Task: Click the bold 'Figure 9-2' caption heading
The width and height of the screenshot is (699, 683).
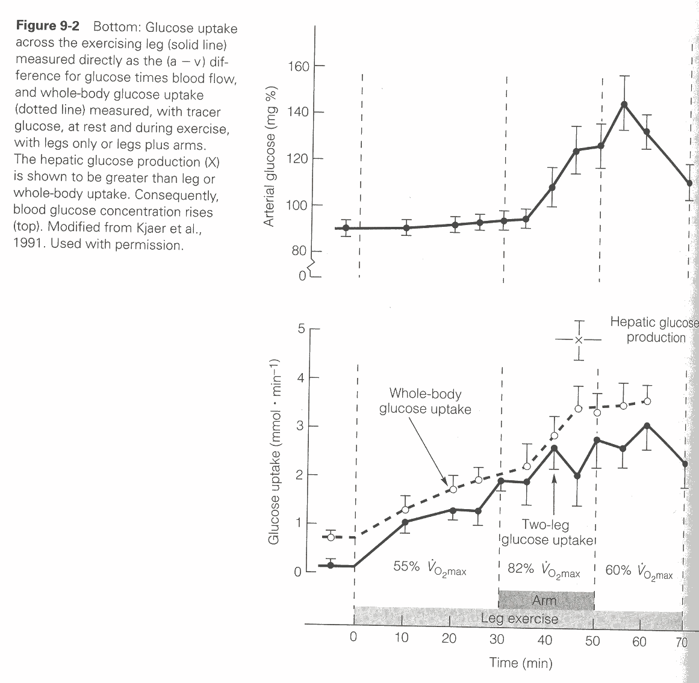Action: [x=50, y=27]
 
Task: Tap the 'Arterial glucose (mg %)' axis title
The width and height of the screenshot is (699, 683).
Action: [x=270, y=156]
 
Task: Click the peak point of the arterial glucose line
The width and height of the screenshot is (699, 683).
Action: [x=624, y=104]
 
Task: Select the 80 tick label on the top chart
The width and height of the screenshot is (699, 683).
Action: [x=299, y=251]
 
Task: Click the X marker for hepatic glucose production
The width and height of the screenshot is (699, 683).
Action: [x=579, y=340]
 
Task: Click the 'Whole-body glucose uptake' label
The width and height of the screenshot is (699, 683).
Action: [x=425, y=401]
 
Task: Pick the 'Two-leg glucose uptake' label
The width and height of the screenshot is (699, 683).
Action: [x=547, y=532]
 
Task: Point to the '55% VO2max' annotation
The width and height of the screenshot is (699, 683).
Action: [x=429, y=569]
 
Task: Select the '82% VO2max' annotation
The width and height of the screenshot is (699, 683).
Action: [x=544, y=570]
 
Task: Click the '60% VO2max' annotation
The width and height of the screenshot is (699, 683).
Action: [x=639, y=570]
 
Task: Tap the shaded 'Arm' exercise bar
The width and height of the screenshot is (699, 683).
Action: [x=546, y=600]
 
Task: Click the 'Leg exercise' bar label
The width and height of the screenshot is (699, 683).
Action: [x=520, y=618]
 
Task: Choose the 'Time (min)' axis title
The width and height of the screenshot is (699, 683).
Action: [x=521, y=663]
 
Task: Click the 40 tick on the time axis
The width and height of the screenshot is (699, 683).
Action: [x=544, y=640]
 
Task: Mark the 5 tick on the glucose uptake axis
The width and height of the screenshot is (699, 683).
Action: [x=300, y=329]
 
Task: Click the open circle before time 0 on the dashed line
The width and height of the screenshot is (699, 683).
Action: [x=331, y=537]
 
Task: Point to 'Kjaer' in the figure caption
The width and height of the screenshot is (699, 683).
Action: [x=146, y=229]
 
